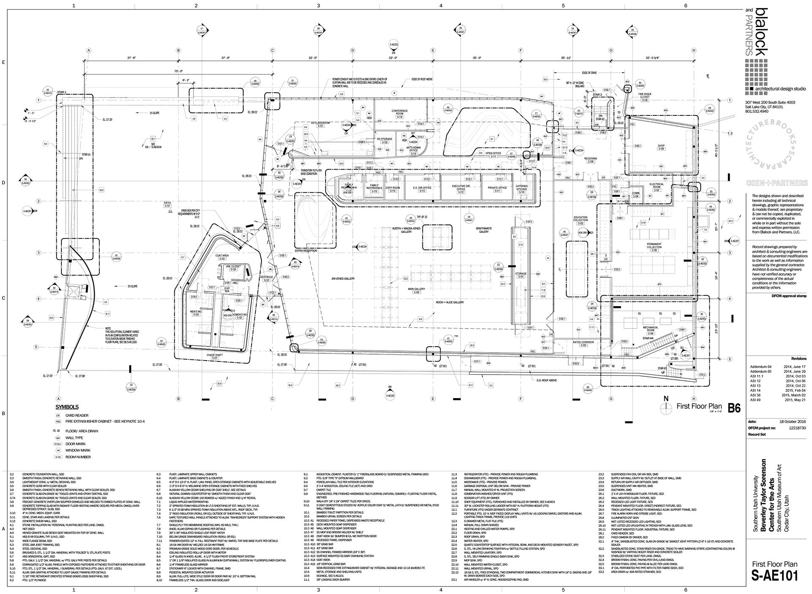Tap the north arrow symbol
(667, 407)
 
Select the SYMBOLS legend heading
(67, 407)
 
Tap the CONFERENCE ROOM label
(399, 112)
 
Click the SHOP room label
(661, 147)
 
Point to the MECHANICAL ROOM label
(650, 328)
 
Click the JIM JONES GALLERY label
(343, 279)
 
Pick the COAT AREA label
(222, 255)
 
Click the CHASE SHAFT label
(214, 355)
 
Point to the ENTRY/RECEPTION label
(311, 251)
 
